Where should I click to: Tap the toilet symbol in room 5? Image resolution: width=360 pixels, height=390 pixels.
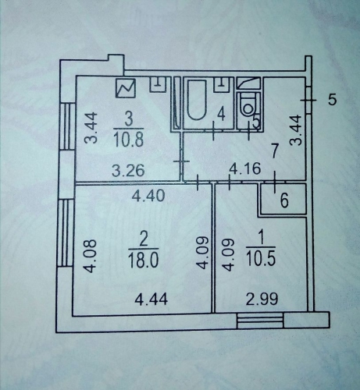pyautogui.click(x=248, y=108)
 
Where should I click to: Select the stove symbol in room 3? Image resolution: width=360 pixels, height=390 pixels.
pyautogui.click(x=126, y=88)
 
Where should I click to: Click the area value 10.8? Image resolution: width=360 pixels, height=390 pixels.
pyautogui.click(x=129, y=140)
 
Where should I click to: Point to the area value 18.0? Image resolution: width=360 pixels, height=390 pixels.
pyautogui.click(x=144, y=261)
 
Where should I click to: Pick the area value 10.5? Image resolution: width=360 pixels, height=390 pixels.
pyautogui.click(x=261, y=259)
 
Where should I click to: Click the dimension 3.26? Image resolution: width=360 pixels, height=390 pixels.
pyautogui.click(x=128, y=171)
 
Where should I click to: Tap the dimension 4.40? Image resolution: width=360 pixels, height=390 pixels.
pyautogui.click(x=148, y=196)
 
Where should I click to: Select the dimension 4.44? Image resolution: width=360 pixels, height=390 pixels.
pyautogui.click(x=151, y=299)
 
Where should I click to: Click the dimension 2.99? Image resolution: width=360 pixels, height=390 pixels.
pyautogui.click(x=262, y=299)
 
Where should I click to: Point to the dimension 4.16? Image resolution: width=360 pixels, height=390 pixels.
pyautogui.click(x=244, y=168)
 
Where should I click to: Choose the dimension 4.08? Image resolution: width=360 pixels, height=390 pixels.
pyautogui.click(x=91, y=256)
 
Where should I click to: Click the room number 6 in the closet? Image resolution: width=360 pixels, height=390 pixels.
pyautogui.click(x=284, y=200)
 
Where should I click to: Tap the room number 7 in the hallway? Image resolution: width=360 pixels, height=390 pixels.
pyautogui.click(x=275, y=151)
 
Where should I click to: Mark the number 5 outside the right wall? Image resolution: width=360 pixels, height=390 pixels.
pyautogui.click(x=332, y=100)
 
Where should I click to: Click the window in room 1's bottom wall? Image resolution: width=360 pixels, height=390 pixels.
pyautogui.click(x=260, y=321)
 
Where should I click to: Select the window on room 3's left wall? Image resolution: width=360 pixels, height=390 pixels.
pyautogui.click(x=67, y=126)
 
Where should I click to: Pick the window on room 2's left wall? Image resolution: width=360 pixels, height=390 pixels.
pyautogui.click(x=65, y=232)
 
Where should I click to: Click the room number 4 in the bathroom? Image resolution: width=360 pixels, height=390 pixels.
pyautogui.click(x=221, y=115)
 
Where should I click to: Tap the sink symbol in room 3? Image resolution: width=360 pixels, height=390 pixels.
pyautogui.click(x=158, y=84)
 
